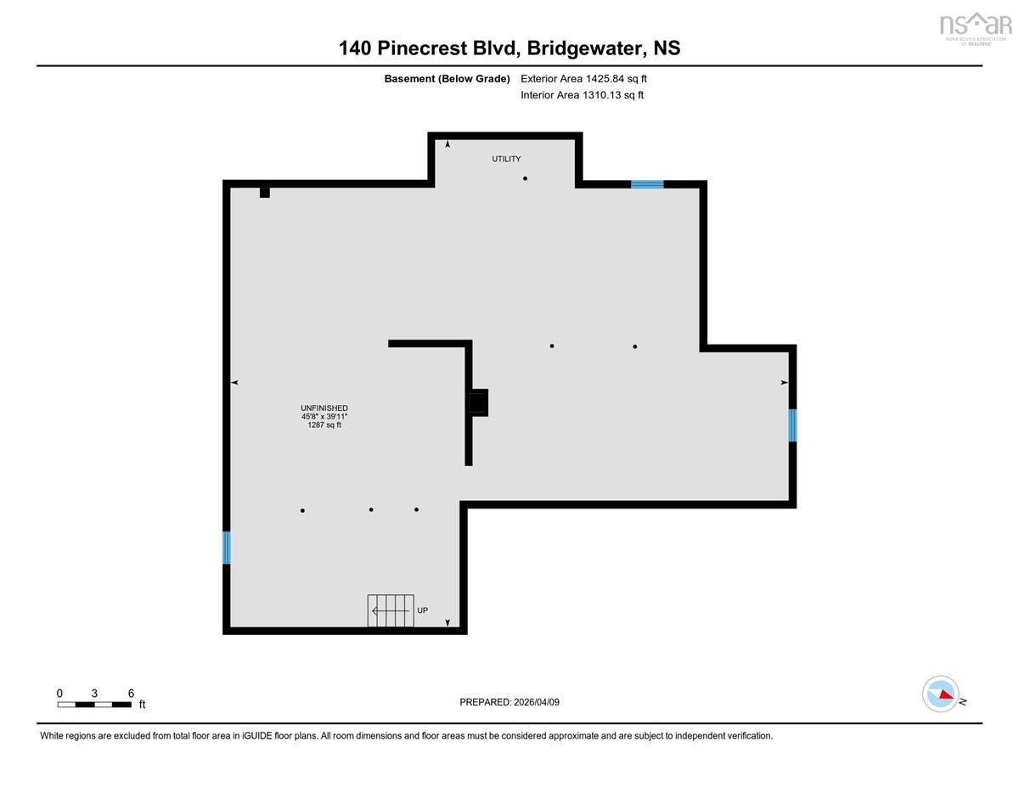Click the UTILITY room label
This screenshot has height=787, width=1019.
506,159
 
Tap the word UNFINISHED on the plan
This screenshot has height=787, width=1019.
324,408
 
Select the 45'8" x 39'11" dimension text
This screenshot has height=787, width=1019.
324,416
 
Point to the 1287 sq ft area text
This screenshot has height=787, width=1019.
324,424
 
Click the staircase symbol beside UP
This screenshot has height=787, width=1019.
391,610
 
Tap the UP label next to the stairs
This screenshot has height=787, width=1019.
422,610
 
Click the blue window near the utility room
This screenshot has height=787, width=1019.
647,184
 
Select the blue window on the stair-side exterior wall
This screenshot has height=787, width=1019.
227,547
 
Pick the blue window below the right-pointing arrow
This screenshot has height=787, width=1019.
792,425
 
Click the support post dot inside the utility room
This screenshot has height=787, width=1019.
525,178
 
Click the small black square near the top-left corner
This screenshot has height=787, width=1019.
264,193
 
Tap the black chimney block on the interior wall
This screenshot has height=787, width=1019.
479,402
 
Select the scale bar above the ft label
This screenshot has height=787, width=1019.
94,704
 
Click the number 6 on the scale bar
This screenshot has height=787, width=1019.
131,693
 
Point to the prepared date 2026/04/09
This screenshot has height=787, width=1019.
537,702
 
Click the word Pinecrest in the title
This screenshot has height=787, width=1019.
422,48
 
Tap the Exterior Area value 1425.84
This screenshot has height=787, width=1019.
604,79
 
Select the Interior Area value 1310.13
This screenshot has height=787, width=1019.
602,95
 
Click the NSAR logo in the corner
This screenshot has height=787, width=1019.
976,28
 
